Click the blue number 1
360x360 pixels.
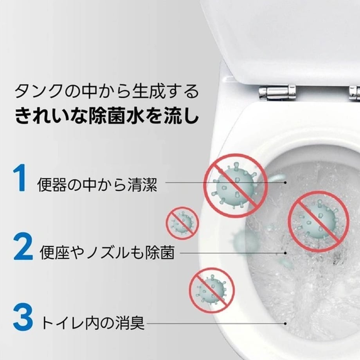coord(20,178)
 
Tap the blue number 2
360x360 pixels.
coord(23,246)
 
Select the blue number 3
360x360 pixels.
coord(23,317)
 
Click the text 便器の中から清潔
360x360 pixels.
coord(97,184)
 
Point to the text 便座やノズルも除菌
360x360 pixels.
coord(107,252)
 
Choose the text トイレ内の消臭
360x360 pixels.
coord(92,323)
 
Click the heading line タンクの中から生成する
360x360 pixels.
coord(107,91)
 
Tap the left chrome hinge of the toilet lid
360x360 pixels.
coord(277,92)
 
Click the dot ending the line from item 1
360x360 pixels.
coord(285,183)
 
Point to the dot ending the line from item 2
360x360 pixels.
coord(285,253)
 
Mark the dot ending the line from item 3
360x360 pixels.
coord(285,324)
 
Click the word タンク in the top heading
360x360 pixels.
coord(38,91)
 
